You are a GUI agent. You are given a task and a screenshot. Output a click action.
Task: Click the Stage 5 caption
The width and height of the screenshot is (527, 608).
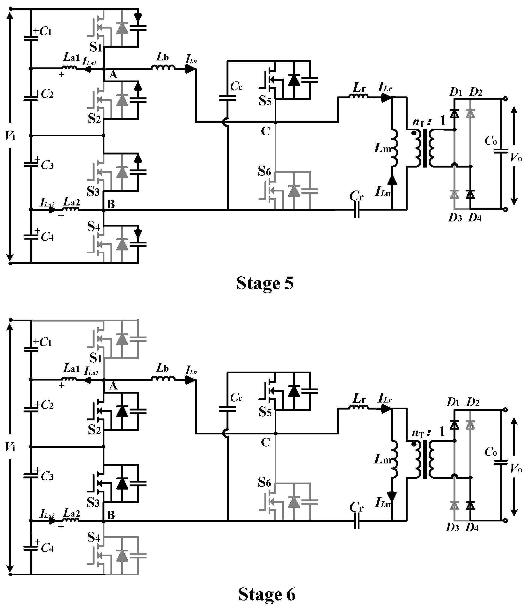pos(265,284)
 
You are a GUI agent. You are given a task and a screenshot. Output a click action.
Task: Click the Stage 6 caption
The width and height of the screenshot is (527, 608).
pos(266,594)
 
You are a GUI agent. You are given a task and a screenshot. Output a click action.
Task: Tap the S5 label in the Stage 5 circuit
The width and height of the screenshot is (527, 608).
pos(265,101)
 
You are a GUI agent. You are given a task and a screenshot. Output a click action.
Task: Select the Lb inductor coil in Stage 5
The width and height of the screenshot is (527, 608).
pos(163,68)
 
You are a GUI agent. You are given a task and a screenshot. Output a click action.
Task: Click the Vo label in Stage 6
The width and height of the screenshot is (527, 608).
pos(516,468)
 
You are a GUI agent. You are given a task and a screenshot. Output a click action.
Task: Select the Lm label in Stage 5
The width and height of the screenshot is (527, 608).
pos(382,148)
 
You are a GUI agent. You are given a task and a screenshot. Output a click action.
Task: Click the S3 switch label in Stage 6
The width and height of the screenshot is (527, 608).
pos(93,503)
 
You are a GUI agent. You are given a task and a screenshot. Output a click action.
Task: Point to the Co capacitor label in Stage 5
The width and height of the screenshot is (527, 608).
pos(491,141)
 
